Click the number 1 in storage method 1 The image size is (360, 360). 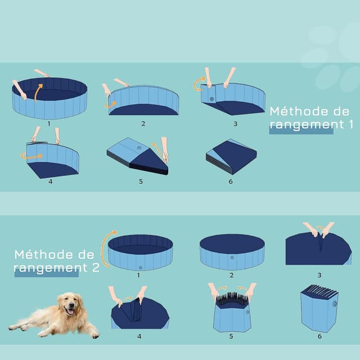tap(49, 123)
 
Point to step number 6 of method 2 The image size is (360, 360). tap(319, 336)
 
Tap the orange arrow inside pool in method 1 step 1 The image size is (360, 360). tap(38, 92)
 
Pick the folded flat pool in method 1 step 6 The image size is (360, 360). tap(231, 156)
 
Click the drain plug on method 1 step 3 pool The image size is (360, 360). tap(212, 99)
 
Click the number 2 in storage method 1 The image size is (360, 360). tap(143, 123)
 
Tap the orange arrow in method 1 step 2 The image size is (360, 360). tap(110, 105)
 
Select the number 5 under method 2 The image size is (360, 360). tap(231, 336)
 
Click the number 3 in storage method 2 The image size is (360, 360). tap(319, 275)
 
